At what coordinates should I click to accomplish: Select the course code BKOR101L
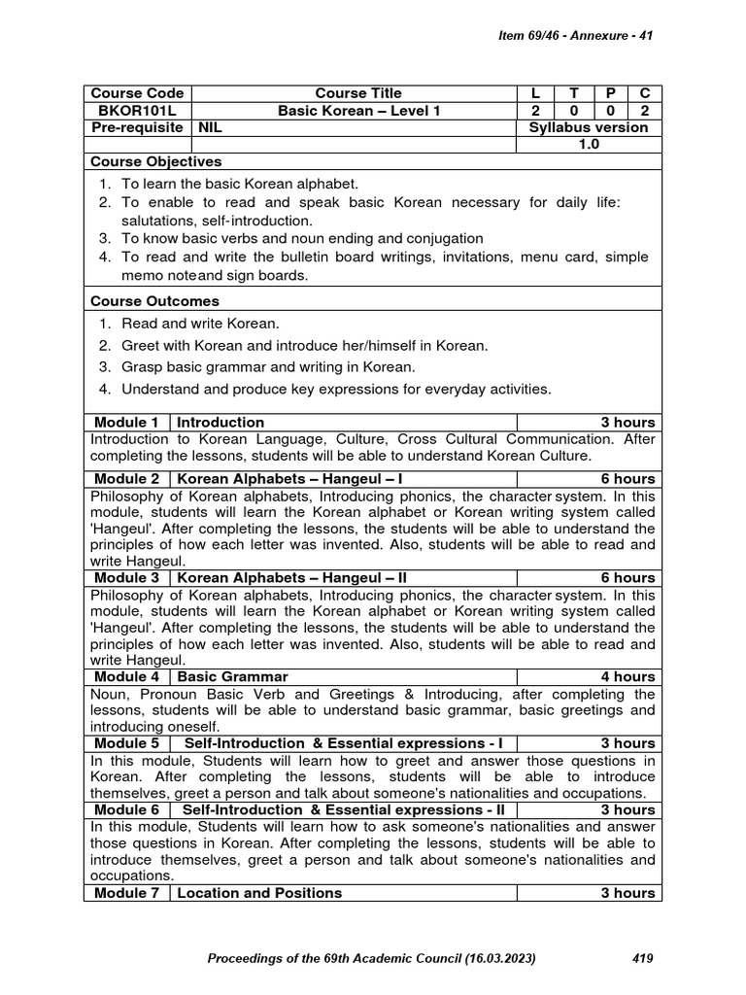tap(137, 111)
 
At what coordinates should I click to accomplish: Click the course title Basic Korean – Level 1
tap(358, 111)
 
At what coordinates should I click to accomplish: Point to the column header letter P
tap(610, 93)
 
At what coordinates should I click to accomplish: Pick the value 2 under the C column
tap(644, 111)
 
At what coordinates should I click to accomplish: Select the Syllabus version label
tap(589, 127)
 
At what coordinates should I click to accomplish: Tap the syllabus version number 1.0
tap(589, 144)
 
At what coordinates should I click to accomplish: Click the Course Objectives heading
tap(155, 161)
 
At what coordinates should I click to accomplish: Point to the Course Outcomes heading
tap(154, 301)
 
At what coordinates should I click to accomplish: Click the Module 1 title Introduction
tap(220, 422)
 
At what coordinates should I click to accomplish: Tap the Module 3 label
tap(126, 577)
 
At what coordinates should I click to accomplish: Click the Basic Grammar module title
tap(233, 675)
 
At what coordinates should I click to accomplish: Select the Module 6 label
tap(126, 809)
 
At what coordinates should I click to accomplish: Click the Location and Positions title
tap(259, 892)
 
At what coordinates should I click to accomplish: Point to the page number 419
tap(642, 958)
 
